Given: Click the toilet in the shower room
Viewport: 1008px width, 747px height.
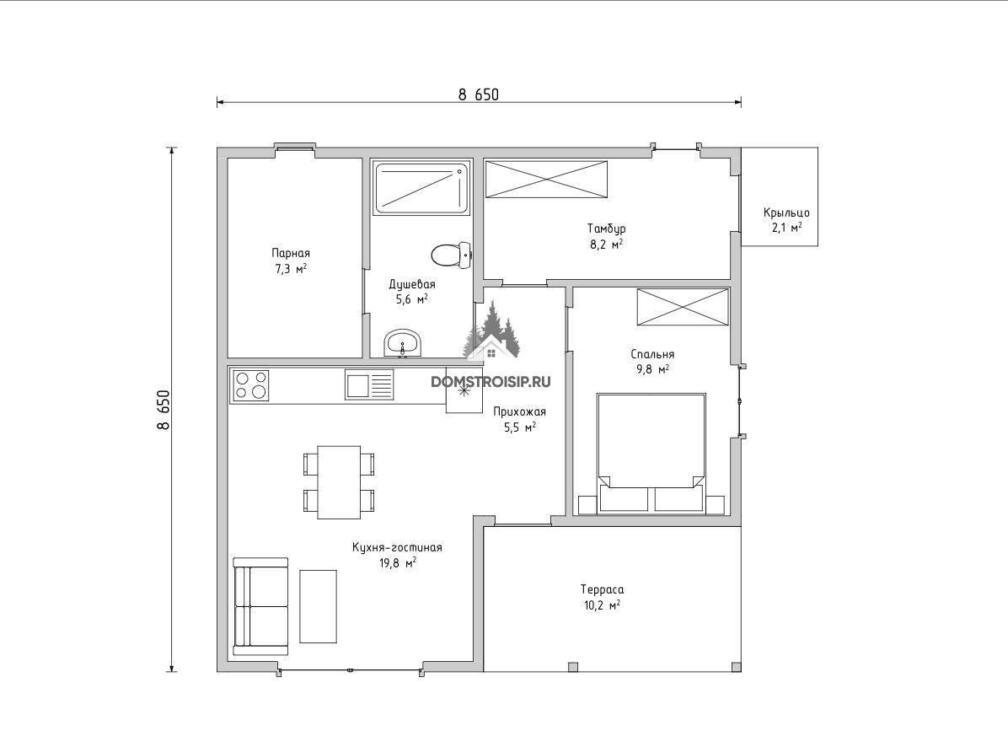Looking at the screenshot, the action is coord(451,255).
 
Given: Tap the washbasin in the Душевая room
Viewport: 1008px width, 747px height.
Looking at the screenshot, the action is coord(402,342).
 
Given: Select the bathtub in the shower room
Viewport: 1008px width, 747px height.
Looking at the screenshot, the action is coord(421,188).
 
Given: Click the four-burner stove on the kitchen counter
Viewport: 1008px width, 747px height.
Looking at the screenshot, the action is coord(250,386).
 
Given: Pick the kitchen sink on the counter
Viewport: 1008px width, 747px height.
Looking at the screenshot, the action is coord(369,385).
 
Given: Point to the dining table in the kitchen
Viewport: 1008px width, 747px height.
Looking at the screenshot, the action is coord(339,482).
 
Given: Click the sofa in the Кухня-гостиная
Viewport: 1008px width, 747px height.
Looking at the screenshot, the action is coord(260,606).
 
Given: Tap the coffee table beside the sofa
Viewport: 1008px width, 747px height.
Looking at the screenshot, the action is coord(319,606).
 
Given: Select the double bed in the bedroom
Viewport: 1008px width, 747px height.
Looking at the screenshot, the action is coord(651,454).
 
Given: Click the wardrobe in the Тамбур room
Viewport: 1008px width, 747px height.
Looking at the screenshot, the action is coord(546,180).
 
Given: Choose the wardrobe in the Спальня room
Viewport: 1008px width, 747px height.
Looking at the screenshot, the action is coord(683,307).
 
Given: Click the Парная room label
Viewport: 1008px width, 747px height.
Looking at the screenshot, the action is coord(291,253).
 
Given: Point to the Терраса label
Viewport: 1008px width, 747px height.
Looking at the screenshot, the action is coord(602,589).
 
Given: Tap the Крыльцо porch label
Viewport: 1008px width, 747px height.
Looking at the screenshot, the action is coord(786,212).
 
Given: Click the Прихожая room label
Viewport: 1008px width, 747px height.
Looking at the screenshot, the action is coord(519,412).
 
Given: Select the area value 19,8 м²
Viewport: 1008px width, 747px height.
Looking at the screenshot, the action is coord(397,564).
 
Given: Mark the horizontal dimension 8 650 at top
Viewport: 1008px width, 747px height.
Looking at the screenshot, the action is coord(478,94).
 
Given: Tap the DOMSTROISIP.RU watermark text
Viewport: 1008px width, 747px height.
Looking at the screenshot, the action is coord(491,382).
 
